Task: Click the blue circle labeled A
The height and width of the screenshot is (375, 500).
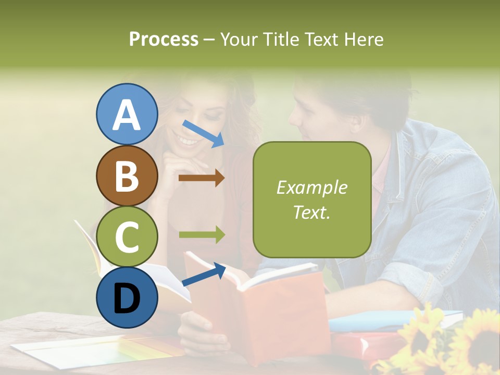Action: point(127,115)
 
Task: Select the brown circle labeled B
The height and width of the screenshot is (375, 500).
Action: point(127,176)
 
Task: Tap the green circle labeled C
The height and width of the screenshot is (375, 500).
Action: point(127,236)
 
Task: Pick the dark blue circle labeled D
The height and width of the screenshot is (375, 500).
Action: point(127,297)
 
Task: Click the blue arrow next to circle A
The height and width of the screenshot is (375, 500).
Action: point(203,133)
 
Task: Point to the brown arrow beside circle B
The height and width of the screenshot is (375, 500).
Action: point(201,178)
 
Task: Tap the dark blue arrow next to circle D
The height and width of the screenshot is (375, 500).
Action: point(203,275)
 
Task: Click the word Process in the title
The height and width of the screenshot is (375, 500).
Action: point(164,39)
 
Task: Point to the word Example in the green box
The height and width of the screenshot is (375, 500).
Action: point(311,187)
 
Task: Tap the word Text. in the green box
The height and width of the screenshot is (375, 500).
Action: point(311,212)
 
